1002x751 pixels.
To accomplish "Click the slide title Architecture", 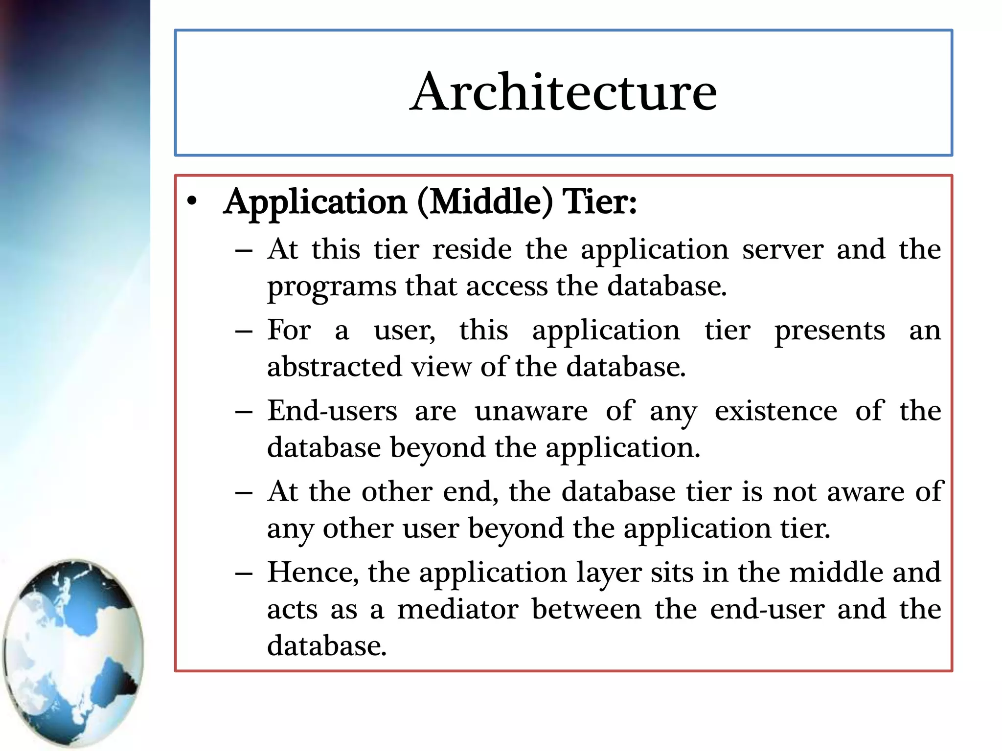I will [x=563, y=92].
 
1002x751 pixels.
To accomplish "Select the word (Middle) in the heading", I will [x=484, y=202].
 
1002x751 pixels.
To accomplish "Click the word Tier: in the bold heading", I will [x=599, y=202].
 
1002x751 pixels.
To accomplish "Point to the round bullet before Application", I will [x=192, y=202].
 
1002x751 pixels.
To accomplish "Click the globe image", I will [x=73, y=653].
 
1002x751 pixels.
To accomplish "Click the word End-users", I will [x=332, y=411].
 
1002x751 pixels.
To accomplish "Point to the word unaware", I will [x=531, y=411].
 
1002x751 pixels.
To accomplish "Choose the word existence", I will [x=775, y=411].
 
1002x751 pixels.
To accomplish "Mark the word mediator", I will [x=457, y=609].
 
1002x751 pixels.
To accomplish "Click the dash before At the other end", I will [x=244, y=493].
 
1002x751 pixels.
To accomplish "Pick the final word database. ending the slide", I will [x=327, y=646].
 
